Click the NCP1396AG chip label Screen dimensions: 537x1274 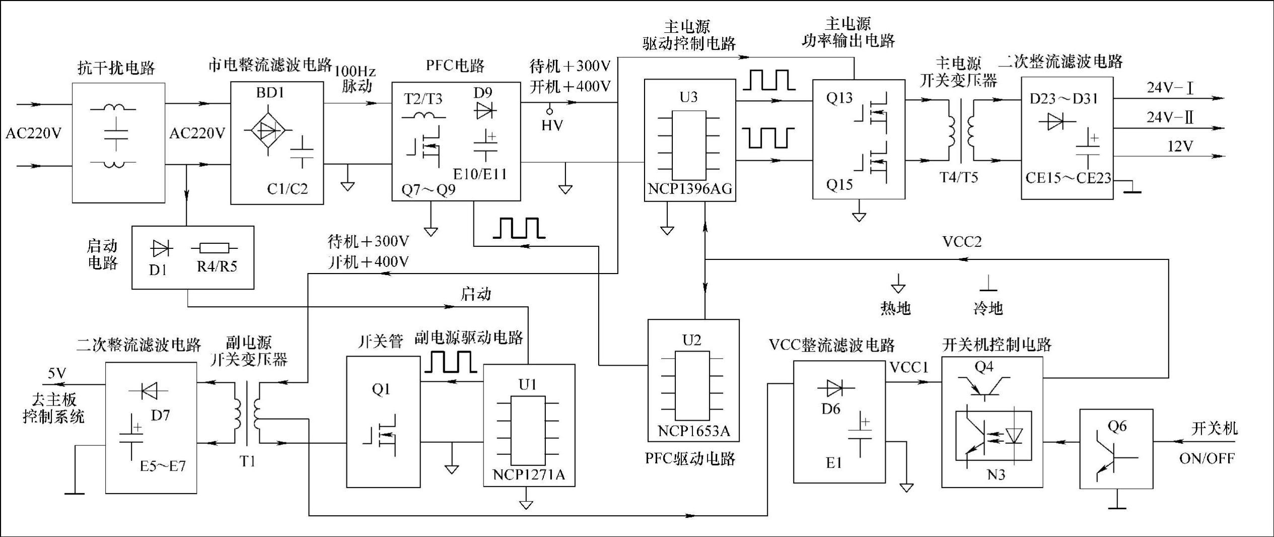[690, 189]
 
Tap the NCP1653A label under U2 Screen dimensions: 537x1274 [693, 431]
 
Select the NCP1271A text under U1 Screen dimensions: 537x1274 [529, 475]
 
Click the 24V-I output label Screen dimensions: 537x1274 [1170, 88]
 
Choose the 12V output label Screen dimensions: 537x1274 [1180, 147]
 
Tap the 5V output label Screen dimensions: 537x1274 [56, 373]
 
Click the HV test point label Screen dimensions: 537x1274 [552, 125]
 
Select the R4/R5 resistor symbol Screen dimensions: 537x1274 [214, 248]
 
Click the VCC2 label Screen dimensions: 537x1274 [962, 242]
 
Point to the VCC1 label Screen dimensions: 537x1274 [908, 368]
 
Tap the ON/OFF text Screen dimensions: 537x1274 [1207, 458]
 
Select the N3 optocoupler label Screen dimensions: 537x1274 [996, 475]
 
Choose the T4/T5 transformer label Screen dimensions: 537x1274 [958, 177]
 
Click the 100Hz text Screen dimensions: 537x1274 [355, 72]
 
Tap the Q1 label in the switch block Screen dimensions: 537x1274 [381, 389]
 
